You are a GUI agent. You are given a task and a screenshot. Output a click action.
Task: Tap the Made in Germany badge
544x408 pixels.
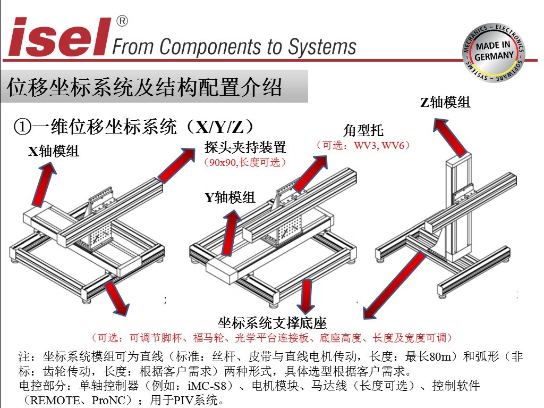click(x=494, y=52)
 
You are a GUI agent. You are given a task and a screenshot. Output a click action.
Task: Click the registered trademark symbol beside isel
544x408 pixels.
click(x=122, y=22)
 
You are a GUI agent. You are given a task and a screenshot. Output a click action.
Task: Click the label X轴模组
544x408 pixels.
click(x=54, y=152)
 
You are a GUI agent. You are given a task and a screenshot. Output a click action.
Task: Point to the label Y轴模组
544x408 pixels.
click(x=231, y=198)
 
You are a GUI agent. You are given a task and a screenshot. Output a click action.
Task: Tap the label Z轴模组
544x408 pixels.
click(x=445, y=102)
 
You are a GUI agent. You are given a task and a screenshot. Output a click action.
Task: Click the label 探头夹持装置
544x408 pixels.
click(x=245, y=147)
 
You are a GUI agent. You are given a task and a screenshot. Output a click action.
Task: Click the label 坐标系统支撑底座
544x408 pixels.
click(x=272, y=322)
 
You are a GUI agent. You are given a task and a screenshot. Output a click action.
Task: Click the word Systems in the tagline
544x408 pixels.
click(x=322, y=47)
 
